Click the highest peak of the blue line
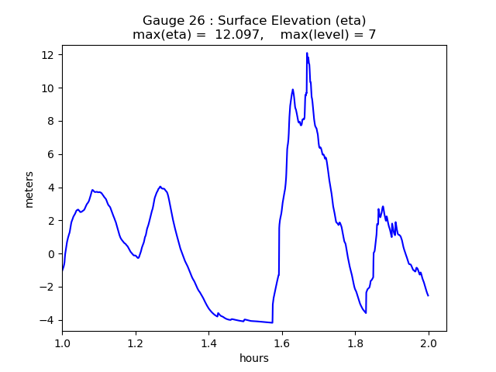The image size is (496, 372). coord(307,53)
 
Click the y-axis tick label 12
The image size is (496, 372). coord(48,55)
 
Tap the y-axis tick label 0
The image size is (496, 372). coord(51,254)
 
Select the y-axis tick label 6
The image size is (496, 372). coord(51,155)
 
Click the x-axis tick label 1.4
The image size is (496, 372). coord(208,343)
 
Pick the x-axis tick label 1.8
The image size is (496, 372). coord(355,343)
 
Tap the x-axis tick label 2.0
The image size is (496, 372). coord(429,343)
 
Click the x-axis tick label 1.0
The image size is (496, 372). coord(62,343)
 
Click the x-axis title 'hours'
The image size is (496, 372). coord(254,358)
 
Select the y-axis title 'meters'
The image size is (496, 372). coord(29,188)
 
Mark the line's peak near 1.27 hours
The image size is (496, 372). coord(160,187)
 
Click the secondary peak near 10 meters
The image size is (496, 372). coord(293,89)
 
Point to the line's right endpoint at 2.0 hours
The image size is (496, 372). coord(428,295)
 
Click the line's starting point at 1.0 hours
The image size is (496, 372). coord(62,270)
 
